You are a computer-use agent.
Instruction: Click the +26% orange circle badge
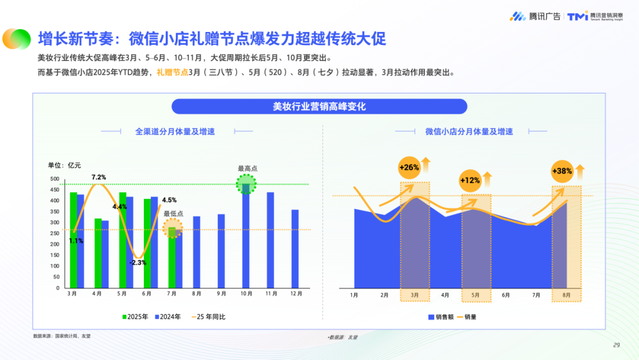409,167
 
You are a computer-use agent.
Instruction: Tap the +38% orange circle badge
561,171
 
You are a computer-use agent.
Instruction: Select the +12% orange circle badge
470,180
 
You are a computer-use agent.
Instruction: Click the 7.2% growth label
99,177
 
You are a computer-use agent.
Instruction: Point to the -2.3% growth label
139,262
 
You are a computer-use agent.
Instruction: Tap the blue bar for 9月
221,250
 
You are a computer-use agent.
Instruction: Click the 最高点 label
247,168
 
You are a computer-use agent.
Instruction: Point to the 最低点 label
173,214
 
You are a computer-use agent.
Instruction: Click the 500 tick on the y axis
54,179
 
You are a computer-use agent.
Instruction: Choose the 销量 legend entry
466,317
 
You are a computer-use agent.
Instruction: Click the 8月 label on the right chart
567,295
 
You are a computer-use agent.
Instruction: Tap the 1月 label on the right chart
354,295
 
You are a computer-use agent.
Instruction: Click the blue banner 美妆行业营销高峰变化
319,107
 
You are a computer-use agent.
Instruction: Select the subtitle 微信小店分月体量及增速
469,131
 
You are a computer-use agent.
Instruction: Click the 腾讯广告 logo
535,17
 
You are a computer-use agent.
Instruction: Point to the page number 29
616,345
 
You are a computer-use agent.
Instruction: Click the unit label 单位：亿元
64,165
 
